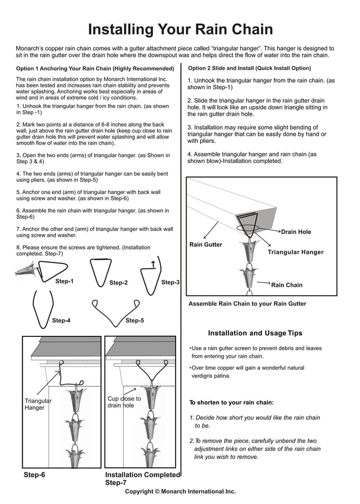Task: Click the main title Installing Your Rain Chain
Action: (x=180, y=29)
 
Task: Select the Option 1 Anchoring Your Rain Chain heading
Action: (x=95, y=68)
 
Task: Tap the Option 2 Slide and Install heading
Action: (x=249, y=68)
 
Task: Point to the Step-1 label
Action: (x=64, y=281)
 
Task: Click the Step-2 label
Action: (x=118, y=283)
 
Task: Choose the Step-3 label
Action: (x=170, y=282)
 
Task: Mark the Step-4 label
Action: (x=61, y=321)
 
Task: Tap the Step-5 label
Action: (x=134, y=321)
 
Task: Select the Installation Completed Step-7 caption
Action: (x=142, y=479)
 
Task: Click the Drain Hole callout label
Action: (x=296, y=232)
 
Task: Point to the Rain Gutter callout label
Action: (x=205, y=245)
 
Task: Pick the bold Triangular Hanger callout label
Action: (x=295, y=252)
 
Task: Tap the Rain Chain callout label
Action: (x=287, y=285)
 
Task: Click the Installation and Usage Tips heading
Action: (x=255, y=333)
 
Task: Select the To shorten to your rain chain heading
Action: (x=231, y=402)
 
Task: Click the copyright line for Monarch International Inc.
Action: (x=180, y=492)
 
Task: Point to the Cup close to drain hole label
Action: (x=124, y=402)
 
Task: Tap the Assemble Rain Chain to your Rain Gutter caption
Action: (x=247, y=304)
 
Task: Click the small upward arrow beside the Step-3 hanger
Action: (x=153, y=264)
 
